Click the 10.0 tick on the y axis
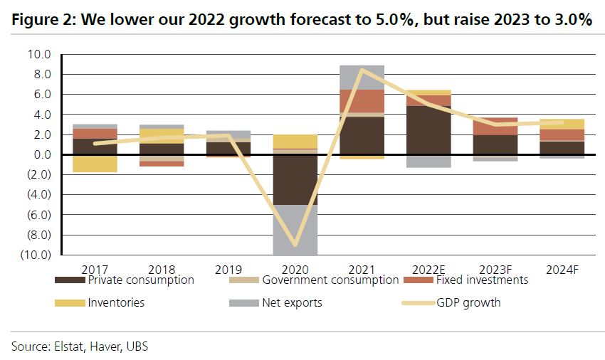40,54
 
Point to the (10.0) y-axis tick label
37,255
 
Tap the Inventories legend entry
116,303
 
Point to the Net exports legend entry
292,303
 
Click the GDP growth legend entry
468,303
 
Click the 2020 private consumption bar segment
295,179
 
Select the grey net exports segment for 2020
295,229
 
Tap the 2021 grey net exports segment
362,77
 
